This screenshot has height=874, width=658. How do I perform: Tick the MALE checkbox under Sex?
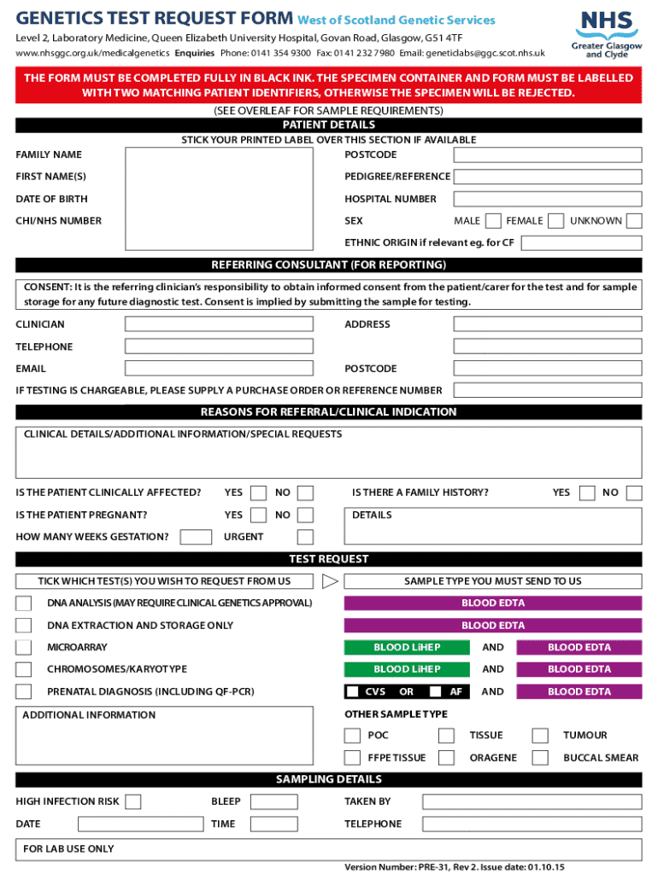click(x=492, y=221)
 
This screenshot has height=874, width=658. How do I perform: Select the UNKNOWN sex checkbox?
click(x=633, y=221)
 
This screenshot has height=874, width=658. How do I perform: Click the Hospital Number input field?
click(x=547, y=199)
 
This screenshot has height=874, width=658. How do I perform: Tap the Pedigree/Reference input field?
click(x=547, y=177)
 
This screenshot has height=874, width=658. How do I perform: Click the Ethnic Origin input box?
click(x=581, y=243)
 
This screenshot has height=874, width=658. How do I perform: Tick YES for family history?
click(x=587, y=493)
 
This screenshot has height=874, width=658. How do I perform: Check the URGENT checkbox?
click(x=305, y=537)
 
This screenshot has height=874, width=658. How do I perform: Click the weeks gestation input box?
click(x=197, y=537)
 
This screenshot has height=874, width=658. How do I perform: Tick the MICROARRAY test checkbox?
click(x=24, y=648)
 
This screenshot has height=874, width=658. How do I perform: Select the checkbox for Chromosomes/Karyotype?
click(x=24, y=670)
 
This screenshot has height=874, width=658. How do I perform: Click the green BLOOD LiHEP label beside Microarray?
click(x=407, y=648)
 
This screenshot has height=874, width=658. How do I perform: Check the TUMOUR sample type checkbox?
click(x=539, y=736)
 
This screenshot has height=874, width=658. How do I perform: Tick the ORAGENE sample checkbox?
click(x=446, y=758)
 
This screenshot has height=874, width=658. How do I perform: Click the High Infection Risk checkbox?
click(x=133, y=802)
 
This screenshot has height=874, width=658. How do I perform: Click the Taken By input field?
click(x=532, y=802)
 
